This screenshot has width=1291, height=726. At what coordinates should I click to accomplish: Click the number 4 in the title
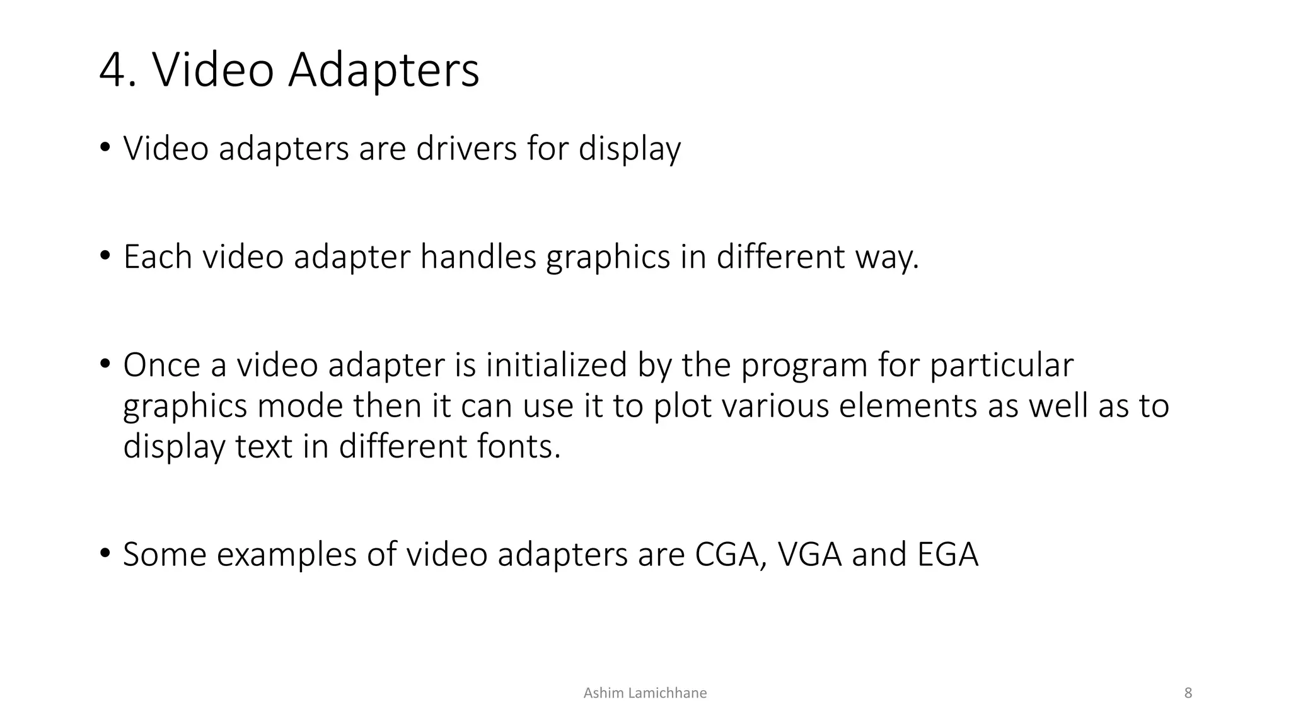tap(113, 70)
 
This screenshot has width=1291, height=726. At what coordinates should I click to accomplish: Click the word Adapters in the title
tap(383, 70)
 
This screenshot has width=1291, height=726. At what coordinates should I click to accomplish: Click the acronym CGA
tap(730, 555)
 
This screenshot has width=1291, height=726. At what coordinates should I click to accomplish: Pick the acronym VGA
tap(809, 555)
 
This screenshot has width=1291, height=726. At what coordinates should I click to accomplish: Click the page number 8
tap(1188, 693)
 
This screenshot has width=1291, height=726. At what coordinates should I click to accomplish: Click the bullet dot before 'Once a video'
tap(105, 364)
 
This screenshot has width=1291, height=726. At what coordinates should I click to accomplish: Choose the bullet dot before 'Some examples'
tap(105, 553)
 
